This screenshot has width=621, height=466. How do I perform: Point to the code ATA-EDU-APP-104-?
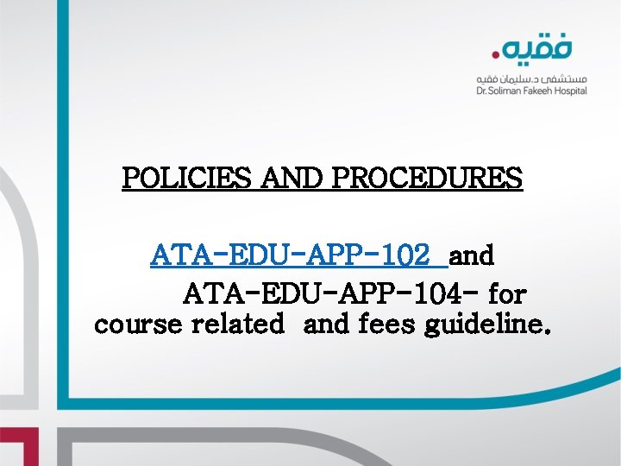tap(330, 295)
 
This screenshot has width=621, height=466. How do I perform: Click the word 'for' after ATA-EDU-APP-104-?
tap(507, 295)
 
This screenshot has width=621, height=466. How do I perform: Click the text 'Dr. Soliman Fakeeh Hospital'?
tap(531, 90)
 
